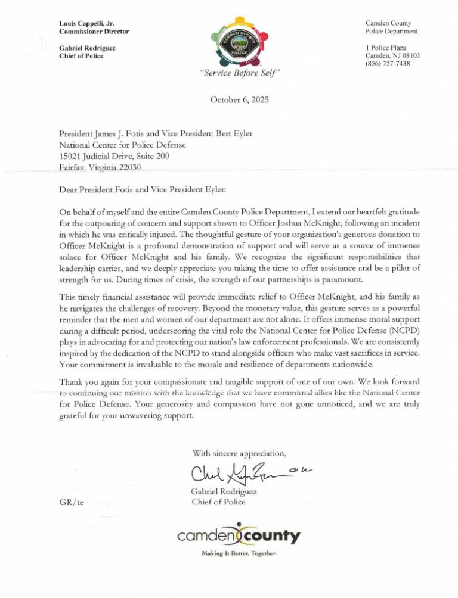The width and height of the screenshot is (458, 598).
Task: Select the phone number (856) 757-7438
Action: pos(388,64)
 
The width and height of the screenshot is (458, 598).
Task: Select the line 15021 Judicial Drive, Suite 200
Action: pos(114,156)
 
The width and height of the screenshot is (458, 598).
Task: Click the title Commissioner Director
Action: pos(94,32)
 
